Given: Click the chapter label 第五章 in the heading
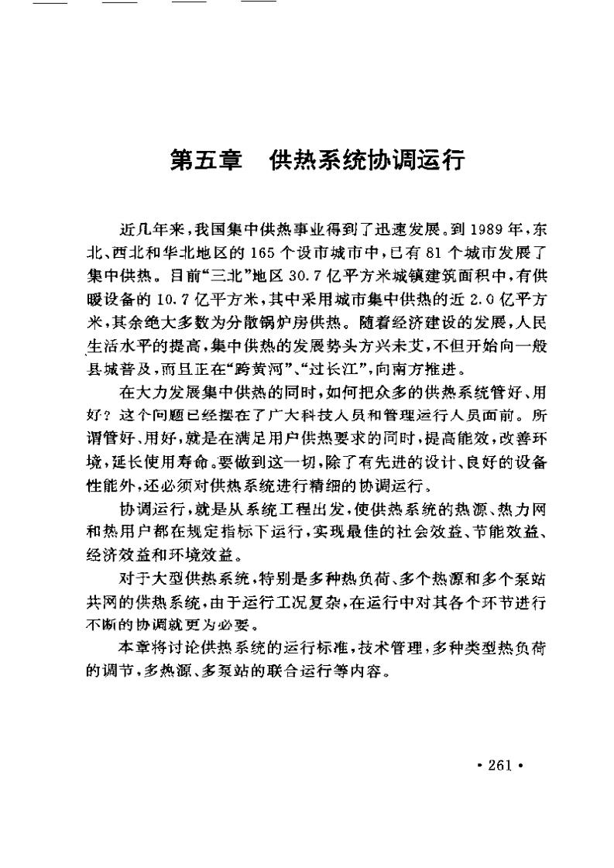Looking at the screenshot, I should click(205, 161).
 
